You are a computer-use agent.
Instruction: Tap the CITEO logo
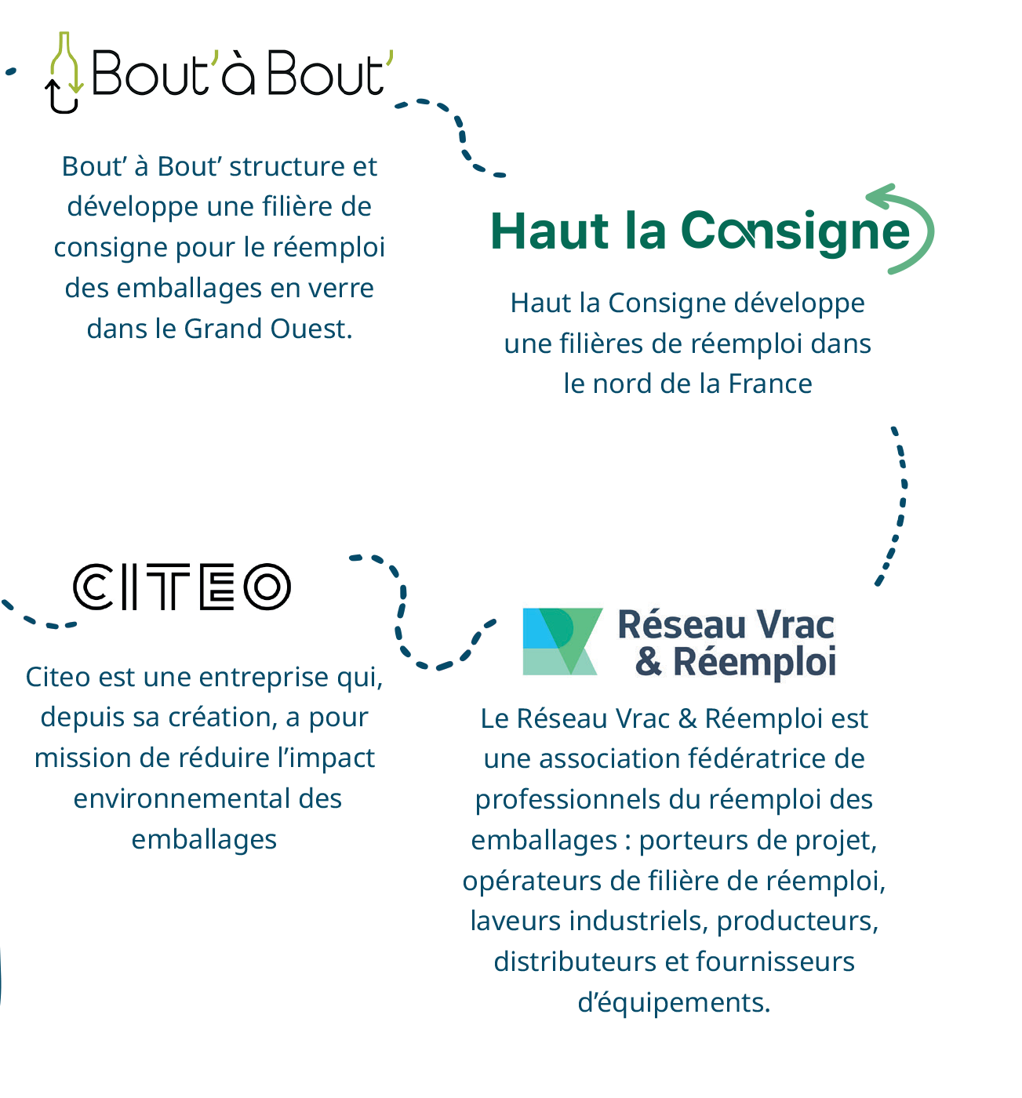coord(182,587)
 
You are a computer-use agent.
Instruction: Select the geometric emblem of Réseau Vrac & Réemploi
coord(562,642)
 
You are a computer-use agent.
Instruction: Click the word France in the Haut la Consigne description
coord(770,384)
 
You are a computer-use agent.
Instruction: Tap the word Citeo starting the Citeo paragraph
coord(56,677)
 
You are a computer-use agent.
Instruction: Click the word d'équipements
coord(674,1002)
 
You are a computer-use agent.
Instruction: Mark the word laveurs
coord(516,921)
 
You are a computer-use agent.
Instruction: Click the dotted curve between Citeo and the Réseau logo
coord(408,620)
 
